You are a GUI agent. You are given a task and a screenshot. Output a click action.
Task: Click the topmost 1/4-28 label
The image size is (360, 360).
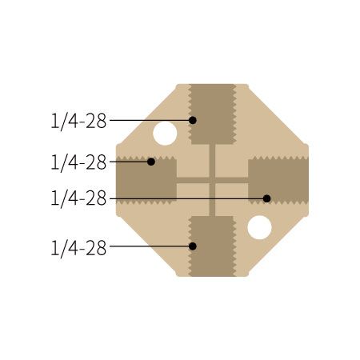coord(78,121)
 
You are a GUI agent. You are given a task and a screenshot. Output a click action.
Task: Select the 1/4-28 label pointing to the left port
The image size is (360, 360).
coord(78,162)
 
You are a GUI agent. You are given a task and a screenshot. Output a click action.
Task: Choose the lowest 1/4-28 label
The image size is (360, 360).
coord(78,247)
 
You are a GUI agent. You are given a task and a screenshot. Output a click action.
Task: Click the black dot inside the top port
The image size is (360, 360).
coord(193,120)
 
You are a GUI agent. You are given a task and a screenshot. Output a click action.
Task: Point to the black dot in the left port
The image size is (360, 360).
coord(151,162)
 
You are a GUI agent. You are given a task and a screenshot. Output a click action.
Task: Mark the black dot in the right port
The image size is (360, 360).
coord(267,198)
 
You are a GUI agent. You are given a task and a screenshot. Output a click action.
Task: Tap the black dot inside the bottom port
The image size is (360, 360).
coord(193,246)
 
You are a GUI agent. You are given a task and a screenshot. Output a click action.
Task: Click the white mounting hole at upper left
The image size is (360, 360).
coord(165,134)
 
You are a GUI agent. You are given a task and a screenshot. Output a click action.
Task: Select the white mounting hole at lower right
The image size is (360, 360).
coord(259,227)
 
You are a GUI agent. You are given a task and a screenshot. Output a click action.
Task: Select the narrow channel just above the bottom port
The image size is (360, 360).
coord(213,206)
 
